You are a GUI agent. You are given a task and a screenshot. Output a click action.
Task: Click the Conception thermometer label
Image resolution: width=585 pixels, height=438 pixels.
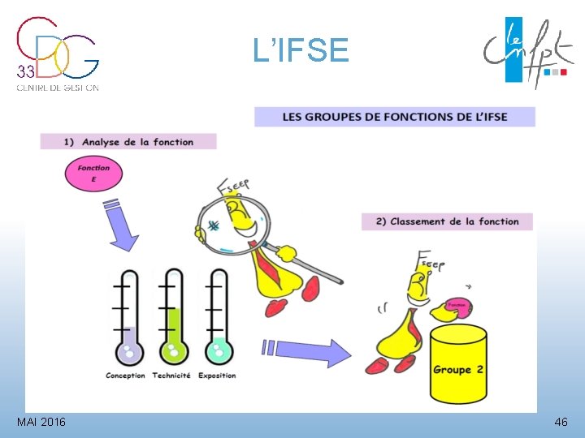click(125, 376)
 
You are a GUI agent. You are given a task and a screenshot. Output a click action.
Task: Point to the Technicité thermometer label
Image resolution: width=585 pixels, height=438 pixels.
click(171, 376)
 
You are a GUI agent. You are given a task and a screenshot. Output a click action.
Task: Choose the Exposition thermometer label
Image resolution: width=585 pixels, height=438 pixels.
click(217, 376)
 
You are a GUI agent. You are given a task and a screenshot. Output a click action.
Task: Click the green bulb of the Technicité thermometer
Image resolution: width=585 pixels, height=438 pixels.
click(174, 351)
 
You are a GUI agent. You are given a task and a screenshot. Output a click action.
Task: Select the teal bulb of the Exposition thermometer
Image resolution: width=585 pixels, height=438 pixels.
click(219, 351)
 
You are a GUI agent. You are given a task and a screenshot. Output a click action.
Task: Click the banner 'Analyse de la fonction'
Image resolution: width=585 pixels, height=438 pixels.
click(128, 142)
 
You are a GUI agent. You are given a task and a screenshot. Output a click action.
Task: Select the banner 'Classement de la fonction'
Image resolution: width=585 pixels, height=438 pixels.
click(447, 221)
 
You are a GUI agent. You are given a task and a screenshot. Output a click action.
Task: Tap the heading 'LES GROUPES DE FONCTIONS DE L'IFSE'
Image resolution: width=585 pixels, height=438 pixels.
click(395, 117)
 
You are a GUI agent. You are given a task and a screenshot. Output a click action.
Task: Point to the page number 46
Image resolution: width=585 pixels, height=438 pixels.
click(561, 423)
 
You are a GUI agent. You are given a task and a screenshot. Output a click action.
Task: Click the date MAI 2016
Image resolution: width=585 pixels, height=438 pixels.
click(41, 423)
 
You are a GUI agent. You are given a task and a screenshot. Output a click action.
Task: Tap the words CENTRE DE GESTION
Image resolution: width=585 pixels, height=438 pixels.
click(58, 88)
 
